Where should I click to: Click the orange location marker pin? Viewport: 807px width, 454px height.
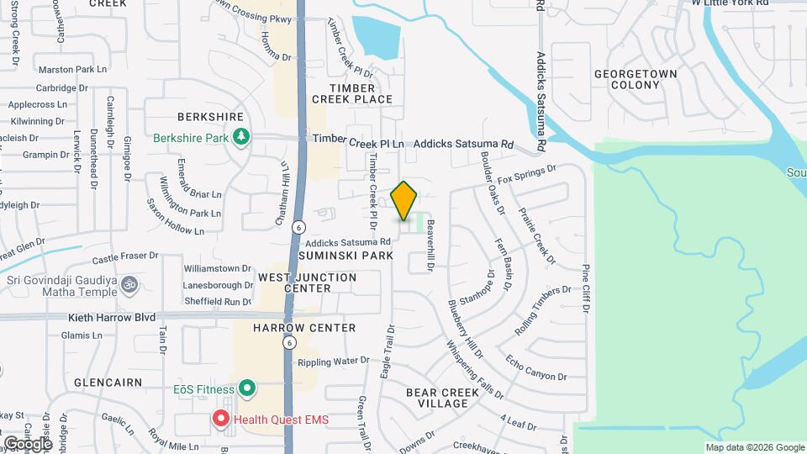click(404, 201)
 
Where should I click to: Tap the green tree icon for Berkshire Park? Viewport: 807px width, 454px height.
click(242, 137)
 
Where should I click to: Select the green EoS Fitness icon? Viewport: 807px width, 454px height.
click(246, 388)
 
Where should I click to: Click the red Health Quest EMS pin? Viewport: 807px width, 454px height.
click(221, 418)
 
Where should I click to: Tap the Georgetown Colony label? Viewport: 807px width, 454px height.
click(636, 79)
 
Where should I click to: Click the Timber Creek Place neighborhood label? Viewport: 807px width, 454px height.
click(351, 93)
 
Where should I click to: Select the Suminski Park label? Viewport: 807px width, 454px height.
click(344, 255)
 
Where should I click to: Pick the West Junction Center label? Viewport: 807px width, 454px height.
click(307, 282)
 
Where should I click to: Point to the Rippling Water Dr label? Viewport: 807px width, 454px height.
click(334, 362)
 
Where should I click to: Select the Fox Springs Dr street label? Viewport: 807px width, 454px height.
click(527, 174)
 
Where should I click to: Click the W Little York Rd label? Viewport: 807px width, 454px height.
click(730, 3)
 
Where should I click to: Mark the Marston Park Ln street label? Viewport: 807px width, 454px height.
click(73, 70)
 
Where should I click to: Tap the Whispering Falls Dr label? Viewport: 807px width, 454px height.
click(474, 370)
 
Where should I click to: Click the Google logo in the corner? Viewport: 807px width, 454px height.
click(27, 443)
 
